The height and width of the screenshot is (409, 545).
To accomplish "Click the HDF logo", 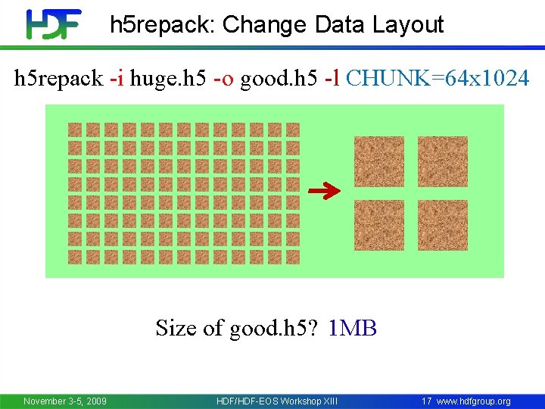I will point(53,24).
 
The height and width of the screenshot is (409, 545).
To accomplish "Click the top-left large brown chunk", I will point(379,161).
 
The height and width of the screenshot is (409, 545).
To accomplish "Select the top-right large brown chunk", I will point(443,161).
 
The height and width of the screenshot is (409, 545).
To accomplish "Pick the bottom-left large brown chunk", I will point(379,225).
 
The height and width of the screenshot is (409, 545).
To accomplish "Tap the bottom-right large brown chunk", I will point(443,225).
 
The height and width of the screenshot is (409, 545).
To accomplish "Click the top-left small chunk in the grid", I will point(75,130).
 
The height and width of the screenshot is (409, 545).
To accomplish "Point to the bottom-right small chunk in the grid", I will point(293,257).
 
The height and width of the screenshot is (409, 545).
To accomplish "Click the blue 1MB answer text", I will point(353,328).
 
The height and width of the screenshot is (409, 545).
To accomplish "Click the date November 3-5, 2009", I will point(65,401).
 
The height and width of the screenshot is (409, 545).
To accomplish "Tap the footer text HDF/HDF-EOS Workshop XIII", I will point(277,401).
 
